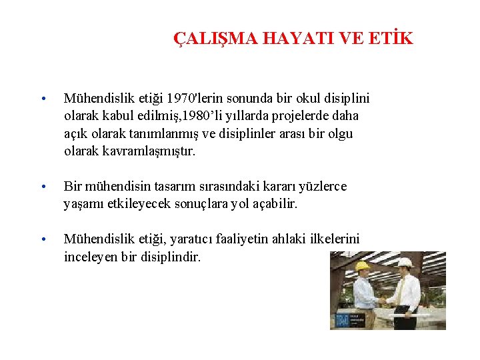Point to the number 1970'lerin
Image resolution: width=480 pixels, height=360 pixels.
coord(194,99)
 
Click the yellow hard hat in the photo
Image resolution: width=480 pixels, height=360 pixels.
coord(363,266)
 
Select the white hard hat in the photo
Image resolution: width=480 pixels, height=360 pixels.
coord(405,263)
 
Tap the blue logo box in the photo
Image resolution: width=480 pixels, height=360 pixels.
coord(342,320)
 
